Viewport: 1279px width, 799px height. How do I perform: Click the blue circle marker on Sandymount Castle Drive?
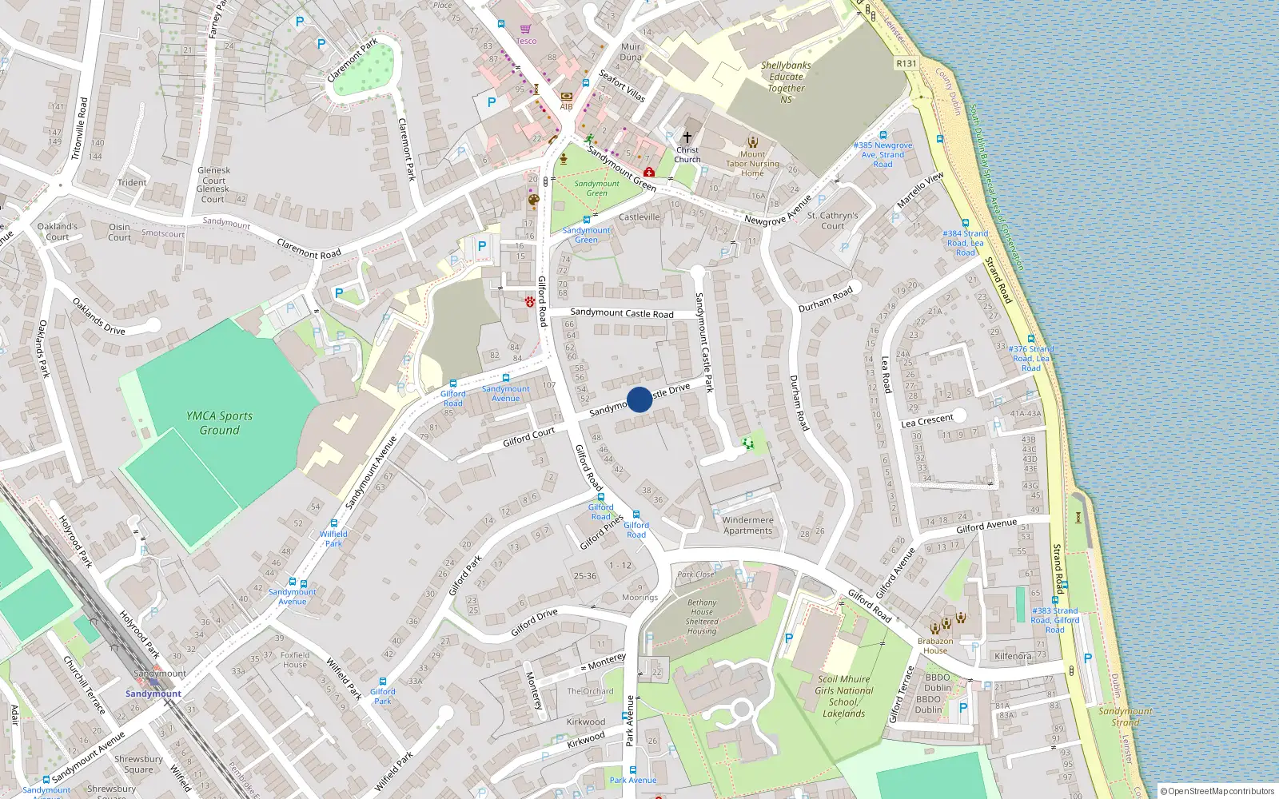click(x=639, y=399)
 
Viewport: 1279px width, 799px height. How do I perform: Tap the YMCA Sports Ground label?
click(x=219, y=423)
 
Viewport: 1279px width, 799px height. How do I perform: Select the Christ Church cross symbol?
click(x=687, y=137)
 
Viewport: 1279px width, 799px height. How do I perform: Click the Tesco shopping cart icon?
click(x=525, y=30)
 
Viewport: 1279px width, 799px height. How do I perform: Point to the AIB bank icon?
click(x=566, y=96)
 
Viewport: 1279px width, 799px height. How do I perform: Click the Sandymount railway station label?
click(x=153, y=694)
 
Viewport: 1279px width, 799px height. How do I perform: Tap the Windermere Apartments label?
click(x=747, y=525)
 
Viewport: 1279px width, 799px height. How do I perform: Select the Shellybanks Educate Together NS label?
click(x=786, y=82)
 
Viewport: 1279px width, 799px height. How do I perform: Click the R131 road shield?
click(x=906, y=63)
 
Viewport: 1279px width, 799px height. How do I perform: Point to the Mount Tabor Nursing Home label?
click(x=752, y=163)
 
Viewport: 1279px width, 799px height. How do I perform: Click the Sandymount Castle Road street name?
click(x=622, y=313)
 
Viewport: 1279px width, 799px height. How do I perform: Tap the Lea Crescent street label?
click(x=927, y=421)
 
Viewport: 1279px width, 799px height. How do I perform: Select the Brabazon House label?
click(x=935, y=646)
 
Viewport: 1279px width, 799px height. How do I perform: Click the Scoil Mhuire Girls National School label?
click(x=843, y=696)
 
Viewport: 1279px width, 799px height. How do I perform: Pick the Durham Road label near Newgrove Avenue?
click(x=826, y=298)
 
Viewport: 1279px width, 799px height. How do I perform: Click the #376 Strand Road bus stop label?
click(x=1031, y=358)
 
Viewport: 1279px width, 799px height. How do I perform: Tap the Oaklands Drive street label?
click(x=98, y=316)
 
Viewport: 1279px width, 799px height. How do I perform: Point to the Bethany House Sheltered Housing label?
click(x=702, y=617)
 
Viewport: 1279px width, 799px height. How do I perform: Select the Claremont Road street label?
click(x=309, y=248)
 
